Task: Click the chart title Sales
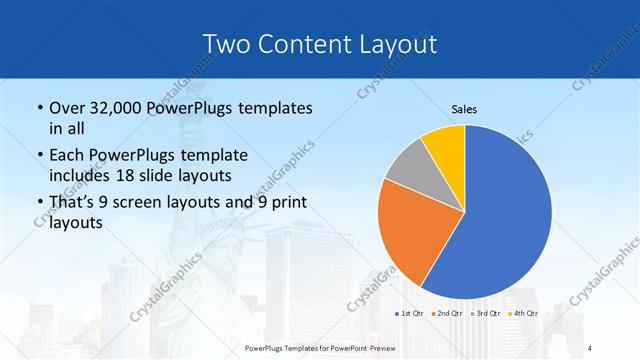tap(465, 108)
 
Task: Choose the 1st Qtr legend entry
tap(410, 314)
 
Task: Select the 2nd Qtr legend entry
tap(445, 314)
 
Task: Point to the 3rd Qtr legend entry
tap(486, 314)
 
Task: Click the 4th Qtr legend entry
tap(522, 314)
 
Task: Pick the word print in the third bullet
tap(287, 203)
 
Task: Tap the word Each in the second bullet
tap(66, 156)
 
